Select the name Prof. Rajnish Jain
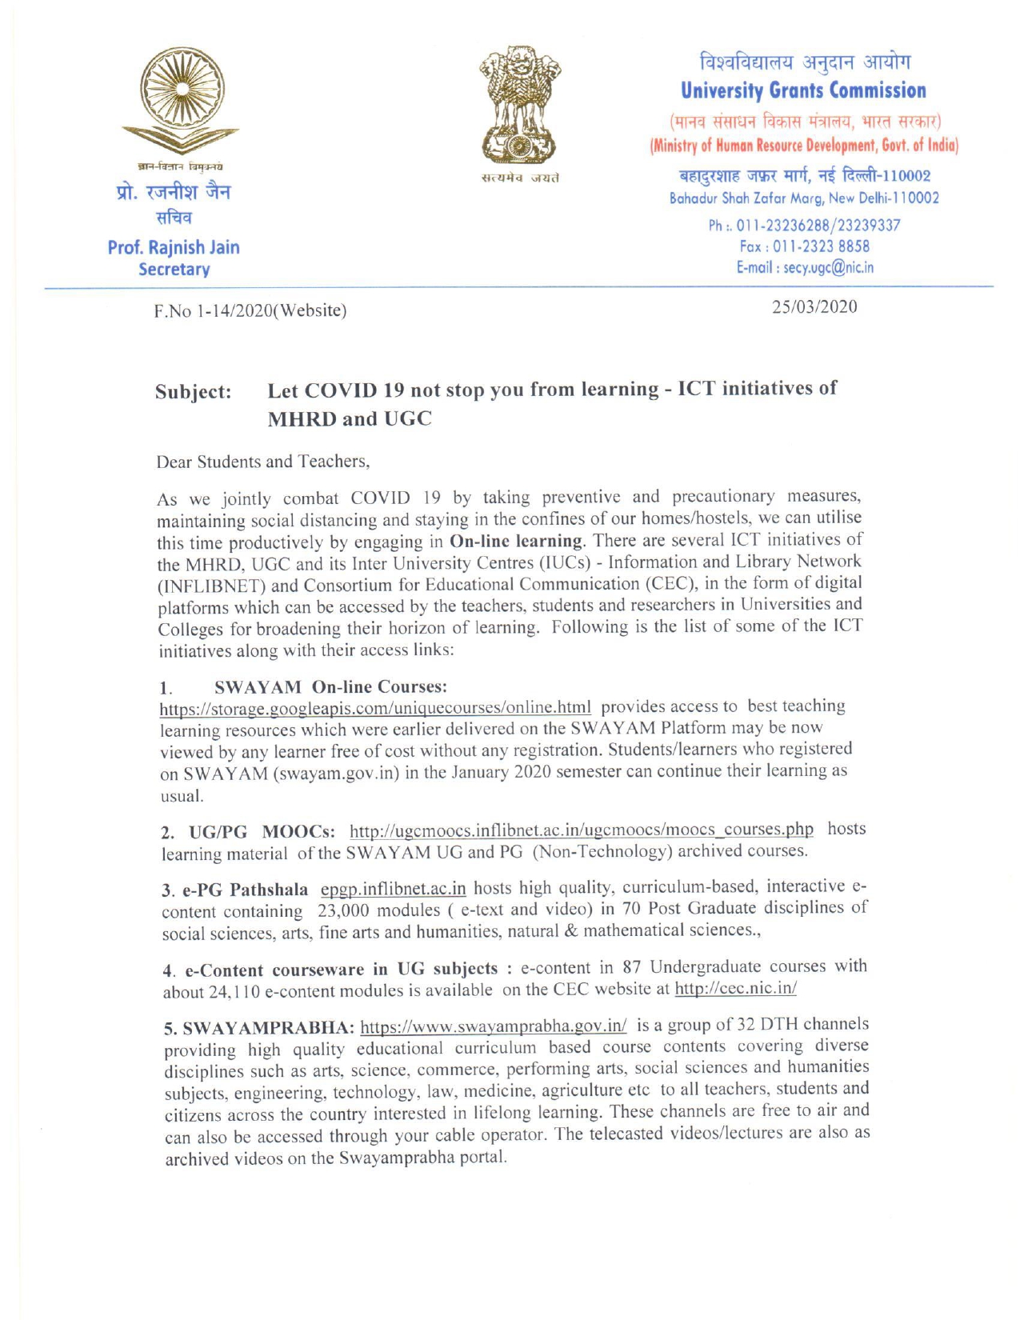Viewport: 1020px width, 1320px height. (x=174, y=247)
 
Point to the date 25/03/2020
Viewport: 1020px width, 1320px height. (x=814, y=307)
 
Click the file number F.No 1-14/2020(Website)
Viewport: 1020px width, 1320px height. (x=250, y=310)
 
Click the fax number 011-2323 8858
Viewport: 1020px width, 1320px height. (x=821, y=246)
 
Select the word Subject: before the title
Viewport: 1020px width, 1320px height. (x=194, y=392)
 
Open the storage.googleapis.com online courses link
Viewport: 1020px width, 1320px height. (x=375, y=707)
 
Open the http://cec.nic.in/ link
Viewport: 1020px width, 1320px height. (x=735, y=989)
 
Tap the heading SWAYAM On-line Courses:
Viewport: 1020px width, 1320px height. (x=330, y=686)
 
